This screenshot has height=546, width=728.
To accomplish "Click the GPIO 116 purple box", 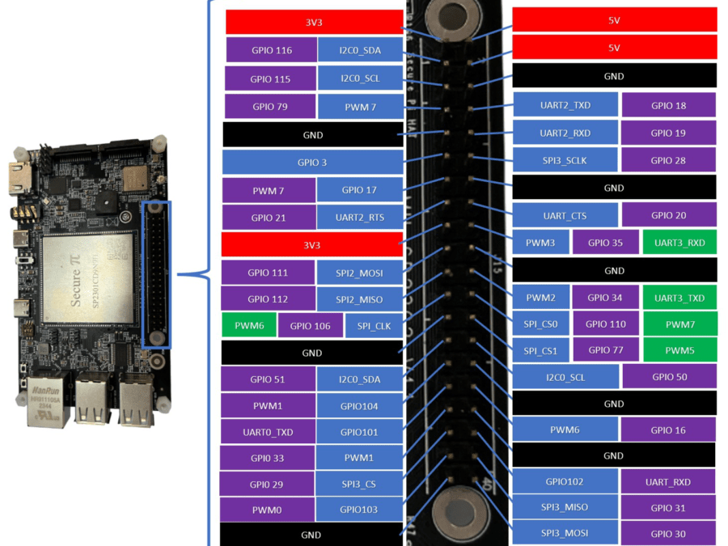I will point(271,50).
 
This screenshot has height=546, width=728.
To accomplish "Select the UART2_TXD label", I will point(565,105).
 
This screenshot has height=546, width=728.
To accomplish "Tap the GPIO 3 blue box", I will point(312,162).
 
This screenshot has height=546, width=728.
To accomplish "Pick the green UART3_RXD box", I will point(679,243).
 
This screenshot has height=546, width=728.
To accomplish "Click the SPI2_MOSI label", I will point(359,273).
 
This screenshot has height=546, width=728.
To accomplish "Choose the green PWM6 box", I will point(249,326).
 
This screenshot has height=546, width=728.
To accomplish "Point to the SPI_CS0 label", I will point(540,324).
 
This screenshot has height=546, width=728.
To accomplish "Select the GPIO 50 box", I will point(668,377).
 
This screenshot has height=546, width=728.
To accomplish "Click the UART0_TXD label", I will point(268,432).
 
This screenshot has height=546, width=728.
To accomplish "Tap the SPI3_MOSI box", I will point(565,533).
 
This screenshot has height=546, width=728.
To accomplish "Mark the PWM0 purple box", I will point(267,510).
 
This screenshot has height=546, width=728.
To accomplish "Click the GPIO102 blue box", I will point(564,481).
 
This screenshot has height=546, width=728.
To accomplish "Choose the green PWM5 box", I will point(679,351).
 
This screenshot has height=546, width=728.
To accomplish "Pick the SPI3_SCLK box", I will point(565,160).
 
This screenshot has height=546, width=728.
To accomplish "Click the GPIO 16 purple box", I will point(668,430).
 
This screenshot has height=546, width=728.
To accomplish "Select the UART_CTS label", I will point(565,216).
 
